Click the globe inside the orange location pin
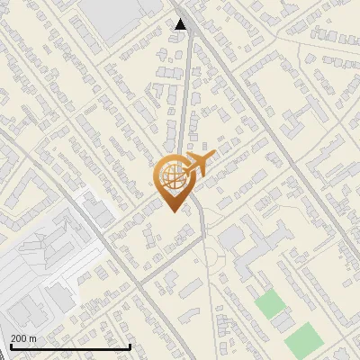170,176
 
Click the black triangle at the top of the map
181,24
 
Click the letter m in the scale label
34,337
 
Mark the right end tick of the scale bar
131,346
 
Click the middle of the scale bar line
69,346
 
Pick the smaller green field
269,303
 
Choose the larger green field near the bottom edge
304,338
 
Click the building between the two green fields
284,320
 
